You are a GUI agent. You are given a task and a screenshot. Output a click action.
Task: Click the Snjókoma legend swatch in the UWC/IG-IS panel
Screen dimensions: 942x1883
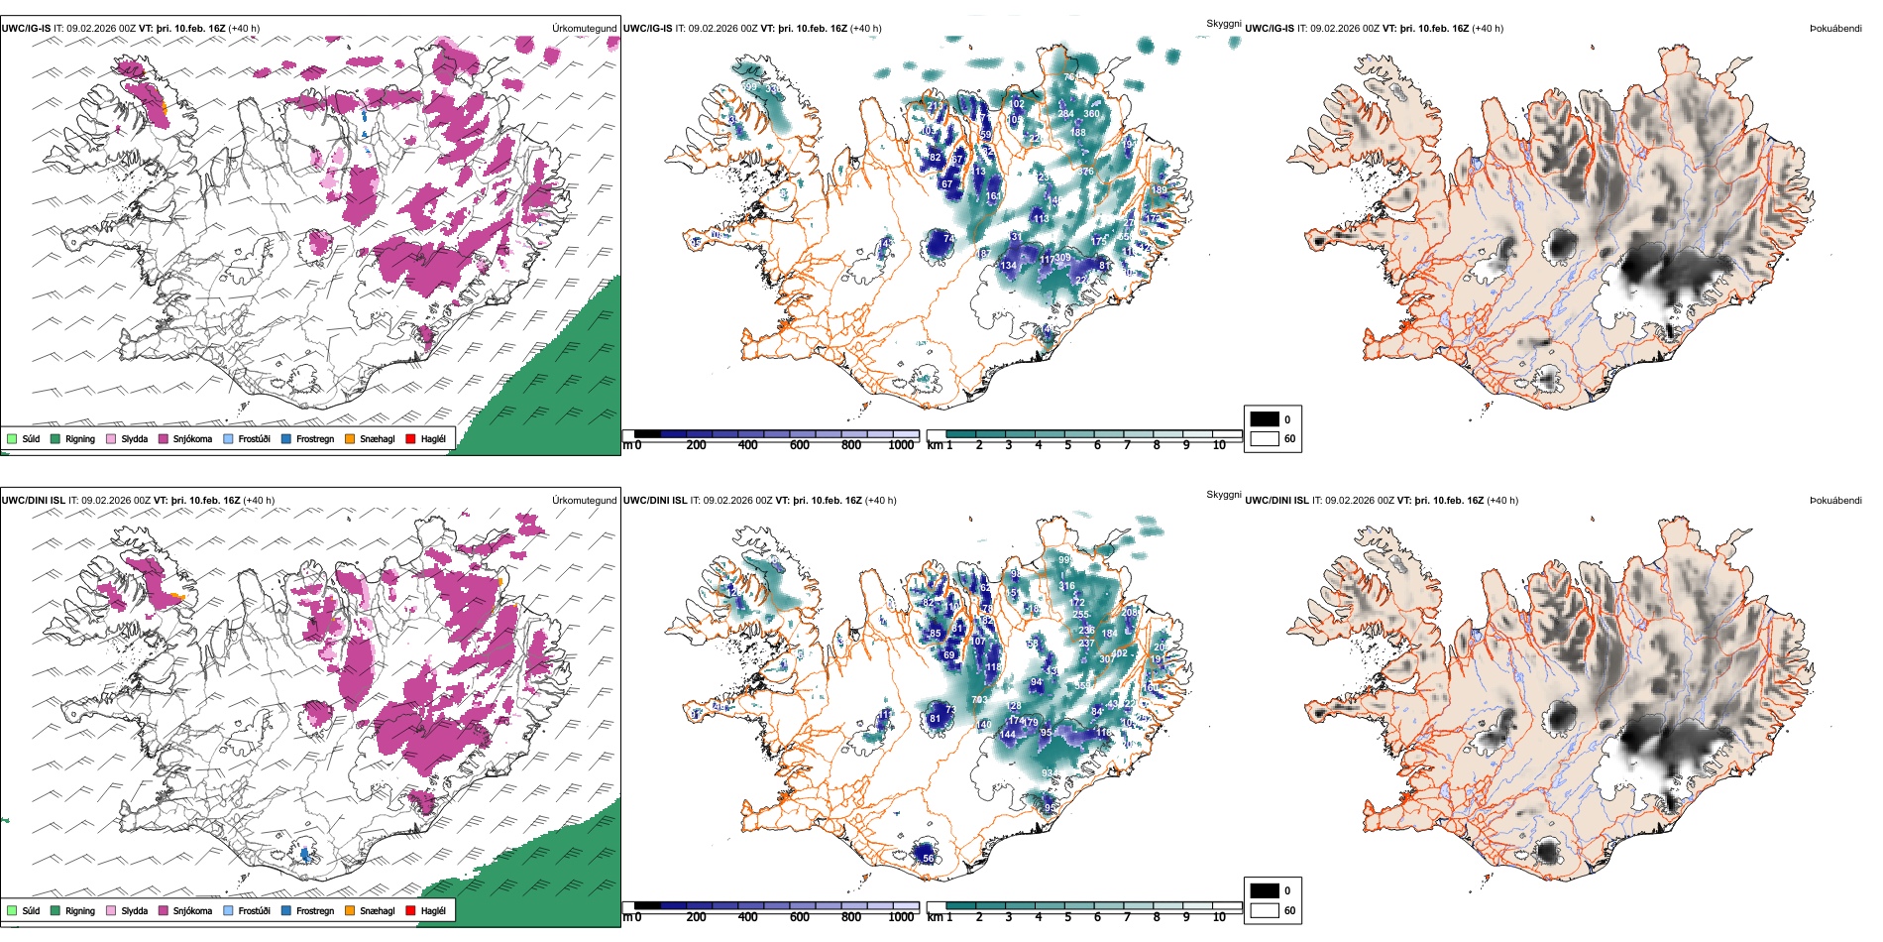point(164,438)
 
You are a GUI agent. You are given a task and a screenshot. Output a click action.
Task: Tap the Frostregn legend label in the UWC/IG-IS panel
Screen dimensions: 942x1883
point(314,438)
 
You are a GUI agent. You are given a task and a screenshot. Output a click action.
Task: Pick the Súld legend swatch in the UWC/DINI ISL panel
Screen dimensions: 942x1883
point(12,910)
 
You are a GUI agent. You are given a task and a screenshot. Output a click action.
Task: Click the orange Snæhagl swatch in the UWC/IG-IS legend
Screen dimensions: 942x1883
point(350,438)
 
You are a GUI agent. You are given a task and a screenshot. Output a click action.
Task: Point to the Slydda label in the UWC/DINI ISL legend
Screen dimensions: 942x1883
point(134,910)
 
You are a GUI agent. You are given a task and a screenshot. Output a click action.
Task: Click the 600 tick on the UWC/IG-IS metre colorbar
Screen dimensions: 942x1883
point(800,445)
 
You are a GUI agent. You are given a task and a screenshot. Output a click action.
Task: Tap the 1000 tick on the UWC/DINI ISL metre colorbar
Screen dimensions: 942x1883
point(901,917)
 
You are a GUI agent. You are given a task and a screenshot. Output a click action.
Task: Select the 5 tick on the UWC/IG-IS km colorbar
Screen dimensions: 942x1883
point(1068,445)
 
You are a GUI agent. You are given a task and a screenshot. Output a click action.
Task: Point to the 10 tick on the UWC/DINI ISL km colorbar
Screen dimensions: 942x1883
point(1219,917)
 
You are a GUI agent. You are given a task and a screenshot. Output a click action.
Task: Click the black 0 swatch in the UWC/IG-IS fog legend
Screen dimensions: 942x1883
point(1265,419)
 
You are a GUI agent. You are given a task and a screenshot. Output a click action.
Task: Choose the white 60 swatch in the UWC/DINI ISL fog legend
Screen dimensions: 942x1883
point(1265,910)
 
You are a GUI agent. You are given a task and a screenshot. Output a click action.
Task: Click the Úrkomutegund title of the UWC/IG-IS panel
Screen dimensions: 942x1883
point(585,29)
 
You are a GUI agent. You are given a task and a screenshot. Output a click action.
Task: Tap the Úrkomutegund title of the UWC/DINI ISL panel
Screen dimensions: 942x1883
point(585,501)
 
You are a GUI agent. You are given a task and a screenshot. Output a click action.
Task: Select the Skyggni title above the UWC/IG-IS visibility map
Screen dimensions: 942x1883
point(1223,23)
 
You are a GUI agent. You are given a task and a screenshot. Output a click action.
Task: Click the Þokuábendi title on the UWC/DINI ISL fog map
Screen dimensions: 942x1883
point(1835,501)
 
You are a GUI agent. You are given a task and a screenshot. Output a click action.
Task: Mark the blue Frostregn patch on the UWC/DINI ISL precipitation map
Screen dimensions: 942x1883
point(304,854)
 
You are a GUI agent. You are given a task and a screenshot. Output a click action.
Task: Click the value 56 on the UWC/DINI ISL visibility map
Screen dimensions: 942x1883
point(928,858)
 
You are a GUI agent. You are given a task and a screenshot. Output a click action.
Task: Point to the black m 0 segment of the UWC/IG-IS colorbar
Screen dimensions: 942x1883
point(647,434)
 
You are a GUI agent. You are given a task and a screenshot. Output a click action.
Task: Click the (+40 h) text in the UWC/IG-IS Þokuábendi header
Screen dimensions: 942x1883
point(1487,29)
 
